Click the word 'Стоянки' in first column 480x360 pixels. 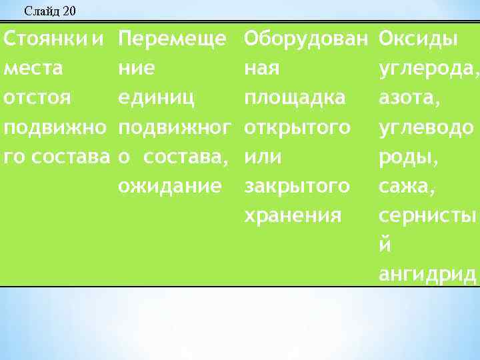[46, 38]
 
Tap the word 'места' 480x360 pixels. [34, 68]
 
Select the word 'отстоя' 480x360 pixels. [37, 97]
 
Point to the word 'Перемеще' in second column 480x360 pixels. [172, 38]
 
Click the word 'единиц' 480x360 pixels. [157, 97]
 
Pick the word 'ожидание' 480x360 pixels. [169, 186]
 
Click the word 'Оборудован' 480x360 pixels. [306, 38]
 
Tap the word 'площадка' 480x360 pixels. [295, 97]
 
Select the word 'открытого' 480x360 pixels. [297, 127]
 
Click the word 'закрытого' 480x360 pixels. [297, 186]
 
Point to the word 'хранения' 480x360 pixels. [293, 215]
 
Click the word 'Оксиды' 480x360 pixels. [418, 38]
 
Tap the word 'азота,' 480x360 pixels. [406, 97]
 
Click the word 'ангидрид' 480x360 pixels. [427, 274]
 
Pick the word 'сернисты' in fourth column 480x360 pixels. [427, 215]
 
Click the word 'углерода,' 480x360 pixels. [429, 68]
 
